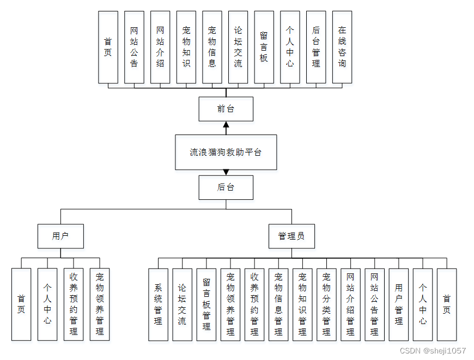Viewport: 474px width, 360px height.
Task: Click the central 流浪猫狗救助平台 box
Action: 226,152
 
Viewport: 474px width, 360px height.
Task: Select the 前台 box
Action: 226,109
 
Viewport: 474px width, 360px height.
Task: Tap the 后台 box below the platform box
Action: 226,187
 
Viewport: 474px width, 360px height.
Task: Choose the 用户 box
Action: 60,236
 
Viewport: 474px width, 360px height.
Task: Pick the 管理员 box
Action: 291,236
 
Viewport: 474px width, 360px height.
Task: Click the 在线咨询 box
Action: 342,47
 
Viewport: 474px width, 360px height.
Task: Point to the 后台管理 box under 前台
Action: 316,47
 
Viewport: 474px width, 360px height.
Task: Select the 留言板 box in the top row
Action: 264,47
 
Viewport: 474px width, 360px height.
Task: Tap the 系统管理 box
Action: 158,304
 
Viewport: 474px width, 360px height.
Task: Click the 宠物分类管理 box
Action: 326,304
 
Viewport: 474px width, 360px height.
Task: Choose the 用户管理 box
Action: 398,304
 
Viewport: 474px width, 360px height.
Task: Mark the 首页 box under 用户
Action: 21,304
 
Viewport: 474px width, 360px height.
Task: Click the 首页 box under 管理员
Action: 447,304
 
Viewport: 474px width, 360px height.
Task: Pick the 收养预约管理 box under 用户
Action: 74,304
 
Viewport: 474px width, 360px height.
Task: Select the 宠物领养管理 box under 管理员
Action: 230,304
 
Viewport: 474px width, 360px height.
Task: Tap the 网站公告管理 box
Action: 374,304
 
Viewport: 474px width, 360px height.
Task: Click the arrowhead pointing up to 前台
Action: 226,125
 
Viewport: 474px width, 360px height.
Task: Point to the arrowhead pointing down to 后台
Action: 226,172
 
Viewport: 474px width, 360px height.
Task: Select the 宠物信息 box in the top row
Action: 212,47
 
